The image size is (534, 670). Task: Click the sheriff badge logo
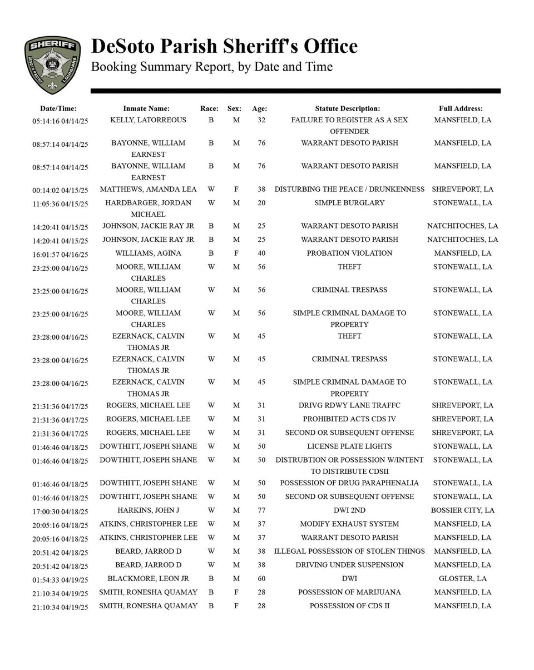[x=52, y=64]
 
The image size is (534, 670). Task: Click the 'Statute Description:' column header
[x=347, y=108]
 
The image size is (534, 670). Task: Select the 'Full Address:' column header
[x=460, y=108]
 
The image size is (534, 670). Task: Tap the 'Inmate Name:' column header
[x=146, y=108]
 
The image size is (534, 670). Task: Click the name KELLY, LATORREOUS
[x=148, y=120]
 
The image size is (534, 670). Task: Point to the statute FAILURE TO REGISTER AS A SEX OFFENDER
[x=349, y=126]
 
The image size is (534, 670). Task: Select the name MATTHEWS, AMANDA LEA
[x=148, y=189]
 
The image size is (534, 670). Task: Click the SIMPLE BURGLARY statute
[x=349, y=203]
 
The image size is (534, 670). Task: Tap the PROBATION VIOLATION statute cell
[x=349, y=253]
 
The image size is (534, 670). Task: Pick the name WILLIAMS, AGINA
[x=148, y=253]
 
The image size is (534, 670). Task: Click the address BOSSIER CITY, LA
[x=462, y=510]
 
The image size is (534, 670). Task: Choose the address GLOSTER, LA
[x=462, y=578]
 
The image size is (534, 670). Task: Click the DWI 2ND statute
[x=349, y=510]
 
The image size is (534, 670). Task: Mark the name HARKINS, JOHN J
[x=148, y=510]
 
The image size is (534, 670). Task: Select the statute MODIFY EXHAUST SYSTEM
[x=349, y=524]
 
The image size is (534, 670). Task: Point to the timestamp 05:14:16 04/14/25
[x=60, y=121]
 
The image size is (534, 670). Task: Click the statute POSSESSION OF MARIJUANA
[x=349, y=592]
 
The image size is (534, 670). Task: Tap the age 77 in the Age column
[x=261, y=510]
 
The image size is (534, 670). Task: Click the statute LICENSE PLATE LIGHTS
[x=349, y=446]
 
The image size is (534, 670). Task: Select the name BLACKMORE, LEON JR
[x=148, y=578]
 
